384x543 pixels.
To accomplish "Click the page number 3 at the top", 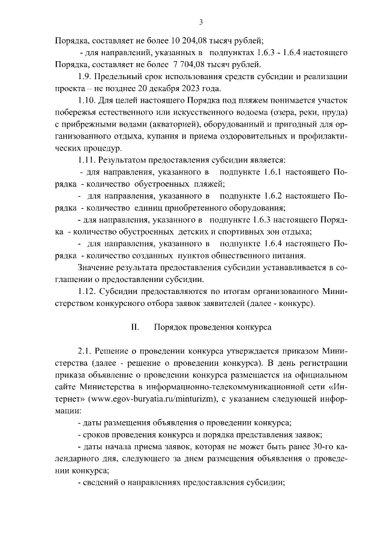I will click(x=202, y=23).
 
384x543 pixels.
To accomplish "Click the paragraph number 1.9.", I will click(x=86, y=77).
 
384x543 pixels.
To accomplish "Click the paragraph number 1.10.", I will click(x=88, y=101).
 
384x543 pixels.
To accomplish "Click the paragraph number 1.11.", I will click(x=88, y=160).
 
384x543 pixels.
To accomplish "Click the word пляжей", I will click(x=207, y=184).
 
